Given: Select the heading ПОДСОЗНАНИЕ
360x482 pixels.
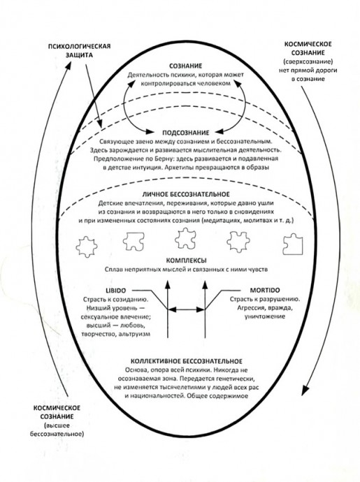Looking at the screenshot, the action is point(185,133).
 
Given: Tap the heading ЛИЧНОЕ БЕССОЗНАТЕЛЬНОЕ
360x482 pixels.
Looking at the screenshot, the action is point(185,194).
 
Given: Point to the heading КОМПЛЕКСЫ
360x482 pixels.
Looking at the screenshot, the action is point(186,261).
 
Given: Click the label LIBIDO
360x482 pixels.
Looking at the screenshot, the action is point(116,291).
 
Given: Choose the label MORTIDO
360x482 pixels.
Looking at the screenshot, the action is point(265,291).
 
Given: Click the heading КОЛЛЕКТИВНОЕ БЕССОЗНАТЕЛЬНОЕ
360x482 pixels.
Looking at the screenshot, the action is point(187,361).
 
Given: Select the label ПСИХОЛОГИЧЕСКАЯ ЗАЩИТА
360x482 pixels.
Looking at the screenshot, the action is point(79,51).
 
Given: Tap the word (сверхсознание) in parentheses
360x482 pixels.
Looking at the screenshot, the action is point(308,61).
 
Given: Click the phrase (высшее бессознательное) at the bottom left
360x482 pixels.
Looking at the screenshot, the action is point(57,430).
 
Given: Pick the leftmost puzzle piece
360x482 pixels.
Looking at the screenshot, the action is point(87,247).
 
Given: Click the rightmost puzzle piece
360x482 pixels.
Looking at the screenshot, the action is point(293,244).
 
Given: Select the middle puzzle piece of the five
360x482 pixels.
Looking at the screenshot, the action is point(185,238).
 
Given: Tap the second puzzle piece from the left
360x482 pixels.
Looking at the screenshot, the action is point(134,241).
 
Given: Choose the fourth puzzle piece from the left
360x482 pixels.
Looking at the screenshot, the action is point(238,242).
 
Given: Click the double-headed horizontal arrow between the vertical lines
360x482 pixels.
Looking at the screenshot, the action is point(186,309).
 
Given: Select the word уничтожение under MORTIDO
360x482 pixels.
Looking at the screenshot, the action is point(265,316).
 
